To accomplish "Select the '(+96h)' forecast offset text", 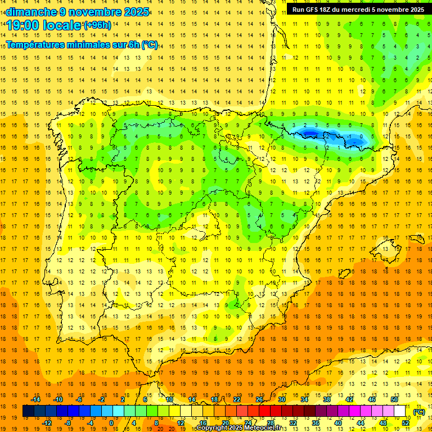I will (97, 25).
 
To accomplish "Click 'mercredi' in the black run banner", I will (367, 10).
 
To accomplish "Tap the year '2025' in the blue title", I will (137, 12).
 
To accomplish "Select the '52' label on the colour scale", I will (406, 423).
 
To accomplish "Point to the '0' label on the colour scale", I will (111, 423).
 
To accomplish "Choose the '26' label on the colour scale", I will (259, 399).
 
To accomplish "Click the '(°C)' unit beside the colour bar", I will (419, 412).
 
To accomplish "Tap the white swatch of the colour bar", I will (400, 411).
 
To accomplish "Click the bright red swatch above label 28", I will (271, 411).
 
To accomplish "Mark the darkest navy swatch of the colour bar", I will (28, 411).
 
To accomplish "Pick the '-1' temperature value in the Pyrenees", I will (350, 136).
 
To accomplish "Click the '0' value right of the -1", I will (362, 136).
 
